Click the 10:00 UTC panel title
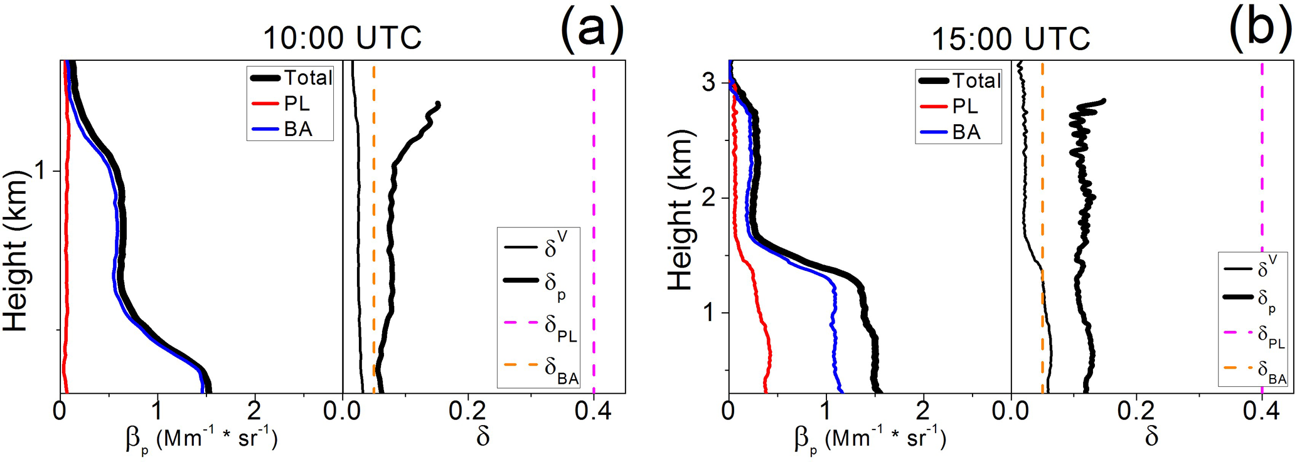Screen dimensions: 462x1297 (342, 38)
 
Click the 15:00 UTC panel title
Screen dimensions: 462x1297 (1010, 39)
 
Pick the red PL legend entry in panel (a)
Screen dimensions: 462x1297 (282, 103)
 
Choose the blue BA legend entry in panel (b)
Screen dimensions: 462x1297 (950, 132)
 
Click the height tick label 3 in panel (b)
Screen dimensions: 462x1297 (710, 83)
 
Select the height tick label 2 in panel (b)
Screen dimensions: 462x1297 (710, 198)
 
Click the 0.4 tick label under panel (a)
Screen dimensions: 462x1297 (593, 411)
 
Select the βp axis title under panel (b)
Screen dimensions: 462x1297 (869, 438)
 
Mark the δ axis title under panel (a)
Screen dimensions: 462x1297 (483, 437)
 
